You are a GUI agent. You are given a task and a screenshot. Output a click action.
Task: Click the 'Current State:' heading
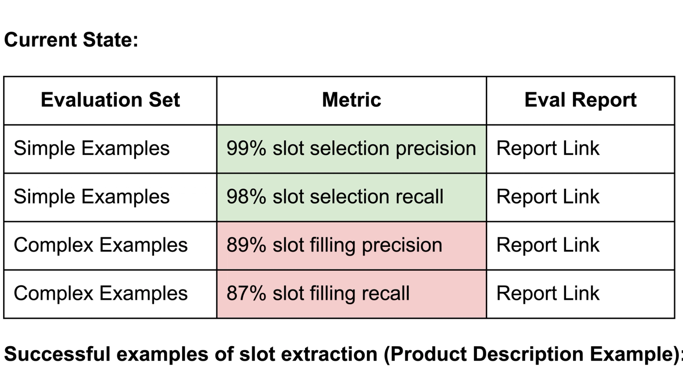(x=71, y=40)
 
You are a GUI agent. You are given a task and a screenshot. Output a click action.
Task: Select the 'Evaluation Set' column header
(x=110, y=100)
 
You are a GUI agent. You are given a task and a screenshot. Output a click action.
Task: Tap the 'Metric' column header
(x=351, y=100)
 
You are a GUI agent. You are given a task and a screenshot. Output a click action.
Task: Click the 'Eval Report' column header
(x=580, y=100)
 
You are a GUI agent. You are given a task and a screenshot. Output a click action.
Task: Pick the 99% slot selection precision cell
(x=351, y=148)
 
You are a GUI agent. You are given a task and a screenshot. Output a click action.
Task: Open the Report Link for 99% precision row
(x=548, y=148)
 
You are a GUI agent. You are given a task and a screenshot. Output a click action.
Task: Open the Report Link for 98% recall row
(x=548, y=197)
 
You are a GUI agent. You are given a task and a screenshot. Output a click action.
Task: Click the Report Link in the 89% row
(x=548, y=245)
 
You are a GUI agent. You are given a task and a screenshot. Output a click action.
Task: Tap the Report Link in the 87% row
(x=548, y=293)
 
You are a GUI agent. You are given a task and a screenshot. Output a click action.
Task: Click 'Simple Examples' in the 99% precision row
(x=91, y=148)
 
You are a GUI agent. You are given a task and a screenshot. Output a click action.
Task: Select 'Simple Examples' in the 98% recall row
(x=91, y=197)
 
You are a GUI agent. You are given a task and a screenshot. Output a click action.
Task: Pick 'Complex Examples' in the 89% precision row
(x=101, y=245)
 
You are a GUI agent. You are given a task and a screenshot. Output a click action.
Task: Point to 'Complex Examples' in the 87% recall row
(x=101, y=293)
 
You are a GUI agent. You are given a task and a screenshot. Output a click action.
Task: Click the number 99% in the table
(x=246, y=148)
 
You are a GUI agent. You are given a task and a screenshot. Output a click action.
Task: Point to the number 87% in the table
(x=246, y=293)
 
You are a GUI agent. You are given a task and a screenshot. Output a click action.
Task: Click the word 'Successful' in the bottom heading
(x=57, y=354)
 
